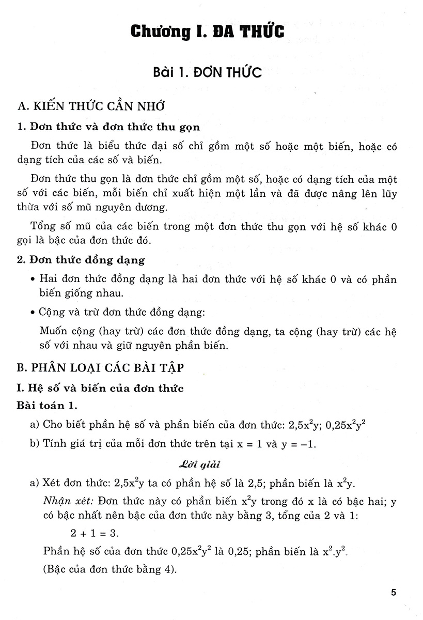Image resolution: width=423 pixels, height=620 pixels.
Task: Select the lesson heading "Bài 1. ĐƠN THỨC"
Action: pos(207,72)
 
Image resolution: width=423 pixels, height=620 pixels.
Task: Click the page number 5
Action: pos(394,592)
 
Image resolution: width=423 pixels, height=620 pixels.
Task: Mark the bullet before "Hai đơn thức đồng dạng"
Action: pos(33,280)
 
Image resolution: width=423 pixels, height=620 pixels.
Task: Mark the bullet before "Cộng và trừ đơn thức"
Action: pos(33,313)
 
